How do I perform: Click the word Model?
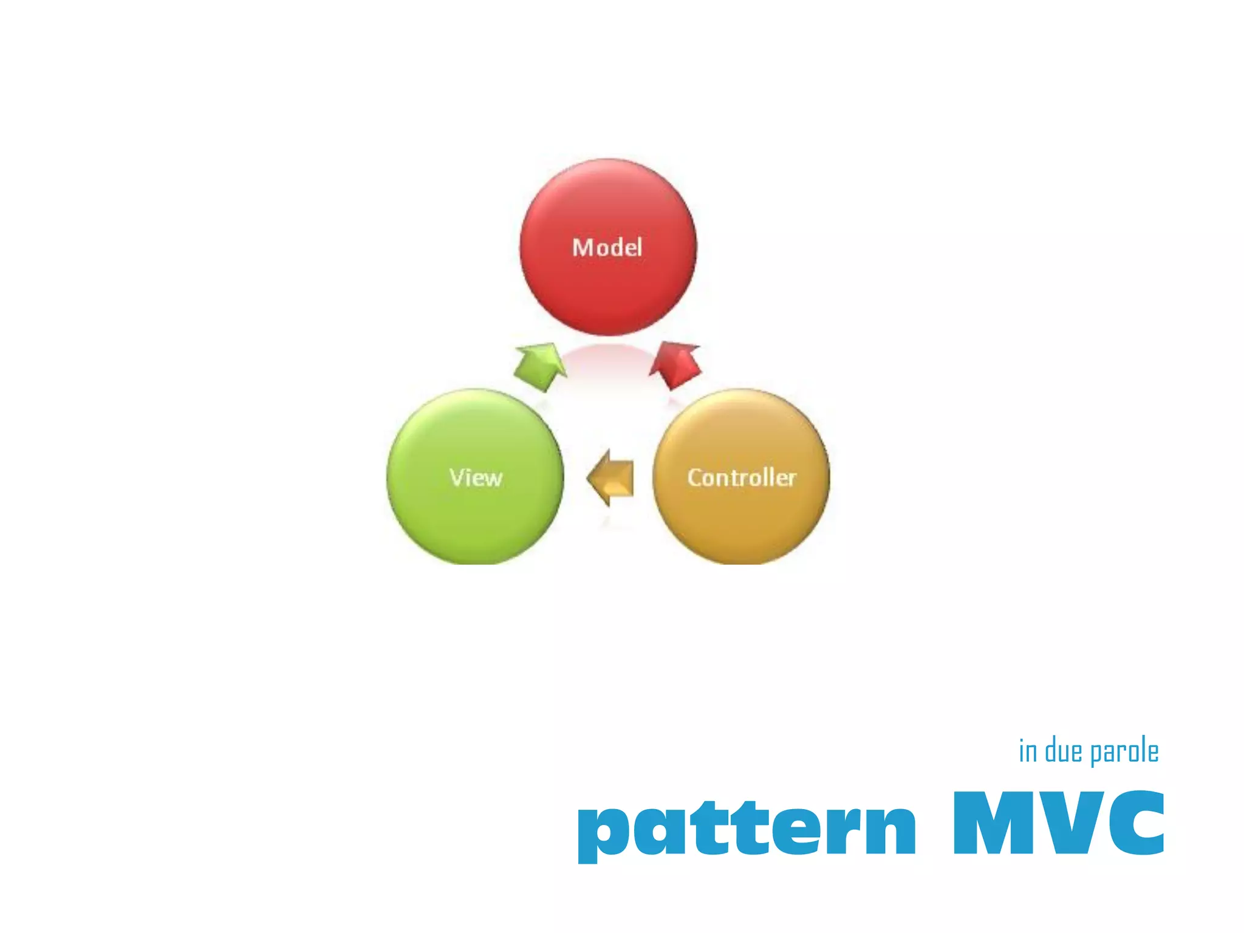point(607,248)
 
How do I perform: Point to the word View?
point(476,478)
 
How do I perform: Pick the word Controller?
point(742,478)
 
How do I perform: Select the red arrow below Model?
point(675,364)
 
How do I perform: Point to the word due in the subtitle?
point(1063,751)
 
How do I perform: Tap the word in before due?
point(1028,751)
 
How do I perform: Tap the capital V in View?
point(457,477)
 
